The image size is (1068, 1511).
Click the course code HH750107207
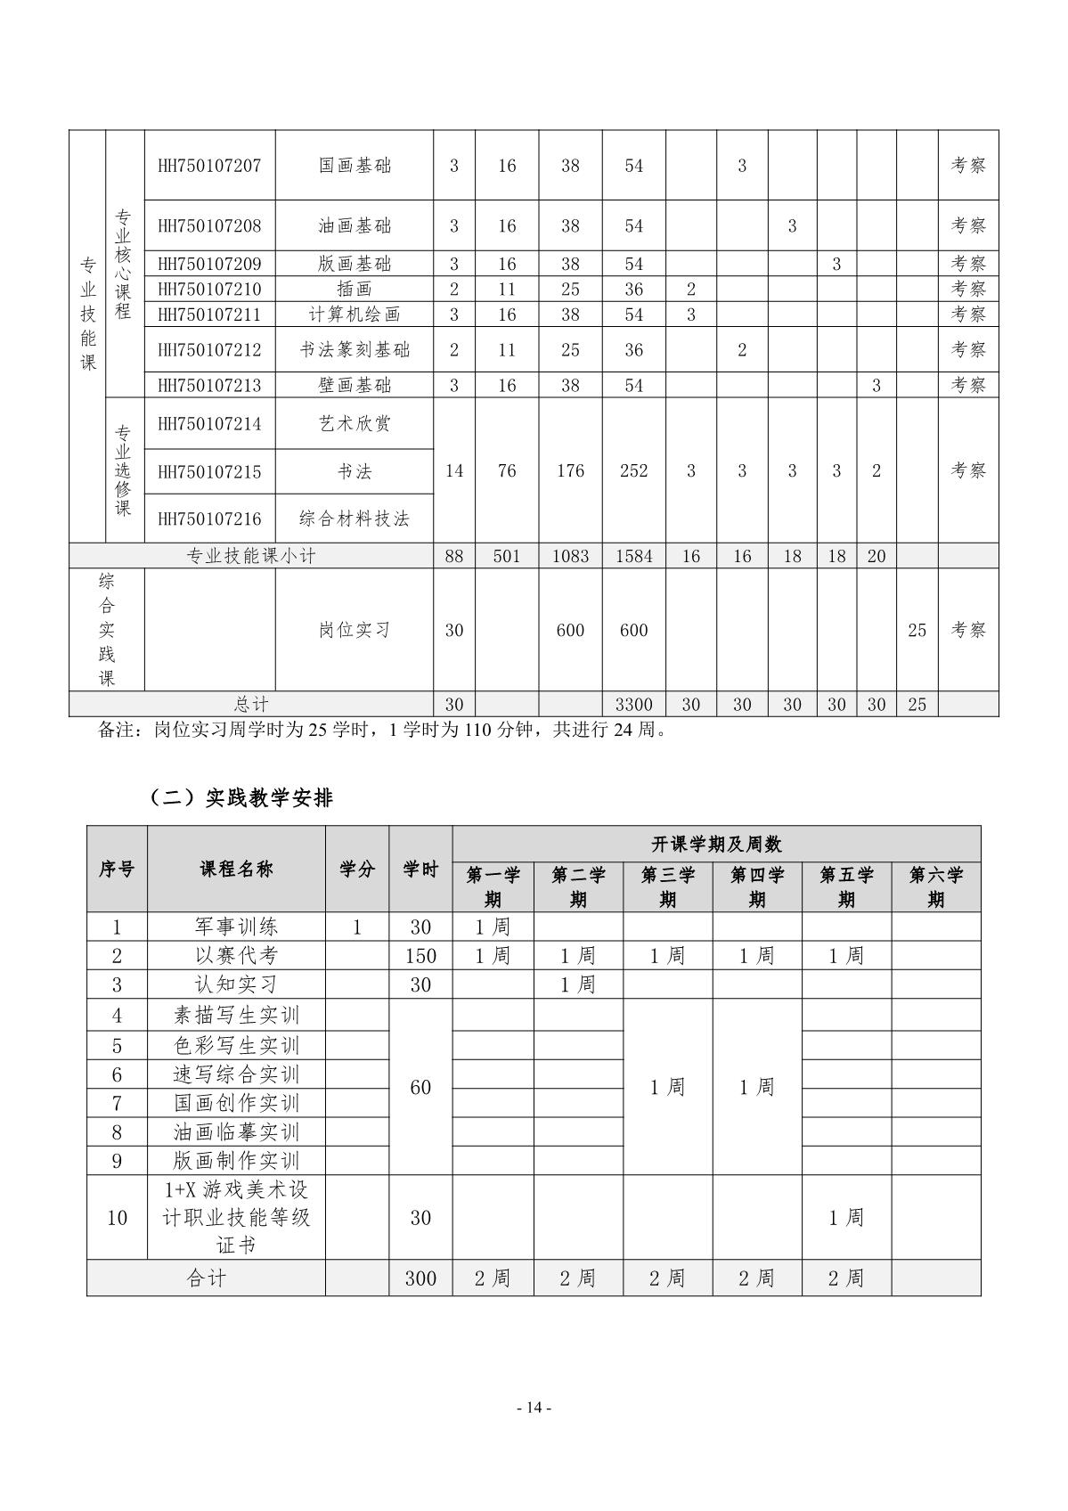coord(209,166)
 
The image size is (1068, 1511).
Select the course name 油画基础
coord(355,226)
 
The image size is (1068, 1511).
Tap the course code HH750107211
coord(209,314)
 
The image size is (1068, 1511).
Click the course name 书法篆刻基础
coord(355,350)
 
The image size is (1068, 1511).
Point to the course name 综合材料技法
coord(355,519)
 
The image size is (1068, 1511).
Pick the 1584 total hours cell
coord(633,557)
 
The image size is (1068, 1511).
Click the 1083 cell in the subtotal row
coord(570,557)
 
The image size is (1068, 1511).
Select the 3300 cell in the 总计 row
coord(633,705)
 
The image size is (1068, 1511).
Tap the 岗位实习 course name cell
coord(355,630)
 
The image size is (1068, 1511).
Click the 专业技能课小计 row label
coord(251,557)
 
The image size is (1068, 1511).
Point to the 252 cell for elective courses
coord(633,470)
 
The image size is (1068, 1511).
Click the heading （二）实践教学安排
coord(241,798)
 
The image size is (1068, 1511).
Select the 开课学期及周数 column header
coord(716,844)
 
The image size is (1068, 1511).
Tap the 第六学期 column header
coord(935,886)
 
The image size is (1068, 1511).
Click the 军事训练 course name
coord(236,927)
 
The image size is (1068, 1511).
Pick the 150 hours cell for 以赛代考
coord(420,956)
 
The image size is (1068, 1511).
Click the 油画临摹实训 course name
coord(236,1132)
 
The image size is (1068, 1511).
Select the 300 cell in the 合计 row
coord(420,1278)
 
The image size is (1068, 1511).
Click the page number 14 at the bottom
coord(534,1408)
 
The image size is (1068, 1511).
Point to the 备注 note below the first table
coord(383,730)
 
